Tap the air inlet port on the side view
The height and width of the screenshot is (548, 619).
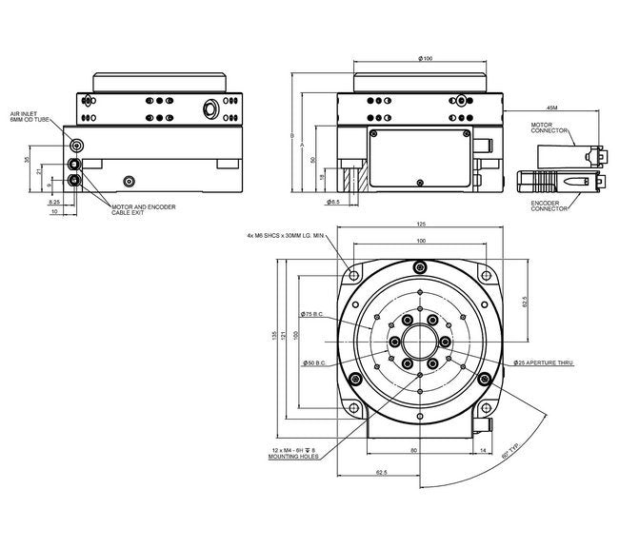point(76,146)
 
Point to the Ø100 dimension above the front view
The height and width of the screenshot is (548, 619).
point(426,60)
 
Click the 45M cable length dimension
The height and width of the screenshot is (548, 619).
point(554,107)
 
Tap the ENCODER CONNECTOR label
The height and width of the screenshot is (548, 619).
point(549,205)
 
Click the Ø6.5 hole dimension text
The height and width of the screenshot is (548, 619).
point(333,203)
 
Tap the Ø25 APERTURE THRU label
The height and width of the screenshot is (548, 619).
point(545,363)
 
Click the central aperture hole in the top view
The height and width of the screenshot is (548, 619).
point(419,341)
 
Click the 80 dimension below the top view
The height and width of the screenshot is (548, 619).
point(413,449)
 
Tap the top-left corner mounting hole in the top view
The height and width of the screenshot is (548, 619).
point(354,276)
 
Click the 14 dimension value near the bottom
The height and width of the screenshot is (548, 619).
point(484,449)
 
